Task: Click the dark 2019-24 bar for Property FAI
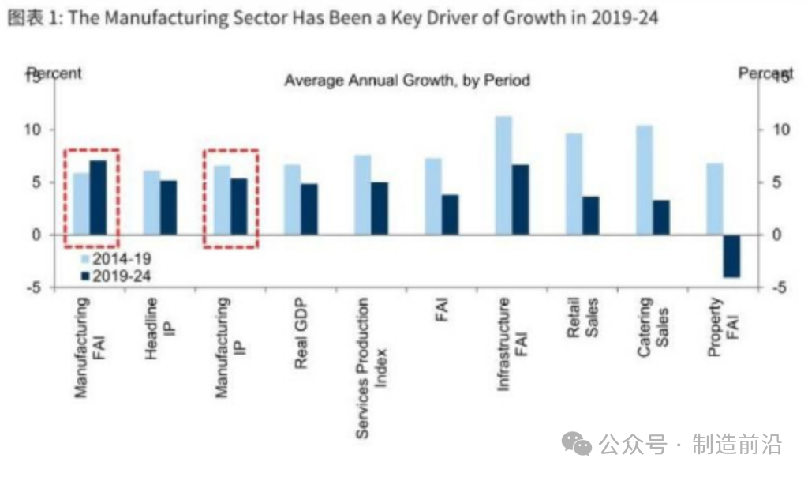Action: [731, 256]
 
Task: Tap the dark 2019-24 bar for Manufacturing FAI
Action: [98, 197]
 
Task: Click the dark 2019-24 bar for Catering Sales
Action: [661, 217]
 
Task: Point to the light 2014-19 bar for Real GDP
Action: [292, 200]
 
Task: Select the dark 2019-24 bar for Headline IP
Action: [169, 208]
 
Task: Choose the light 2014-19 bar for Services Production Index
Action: [363, 195]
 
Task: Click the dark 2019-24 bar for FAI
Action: [450, 215]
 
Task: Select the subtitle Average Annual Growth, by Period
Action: [407, 81]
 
